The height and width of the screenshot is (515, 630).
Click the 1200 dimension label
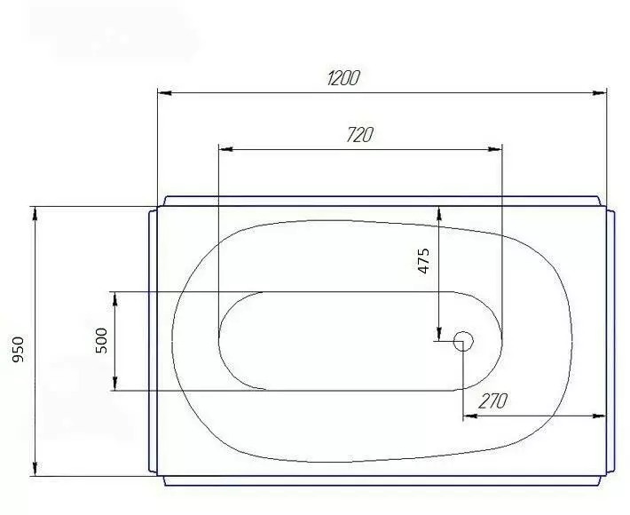tap(343, 78)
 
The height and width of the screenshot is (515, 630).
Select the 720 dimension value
tap(360, 135)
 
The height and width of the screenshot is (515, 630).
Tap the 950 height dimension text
tap(19, 349)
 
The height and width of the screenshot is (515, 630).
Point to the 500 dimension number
tap(102, 340)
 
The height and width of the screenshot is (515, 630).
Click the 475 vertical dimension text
tap(424, 261)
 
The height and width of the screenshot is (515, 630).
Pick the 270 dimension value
tap(493, 400)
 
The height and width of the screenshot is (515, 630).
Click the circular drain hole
tap(463, 341)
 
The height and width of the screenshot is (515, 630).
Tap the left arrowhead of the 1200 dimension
tap(165, 93)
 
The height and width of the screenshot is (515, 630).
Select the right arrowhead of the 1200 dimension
tap(600, 93)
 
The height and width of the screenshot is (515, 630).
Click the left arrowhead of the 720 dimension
tap(225, 149)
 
